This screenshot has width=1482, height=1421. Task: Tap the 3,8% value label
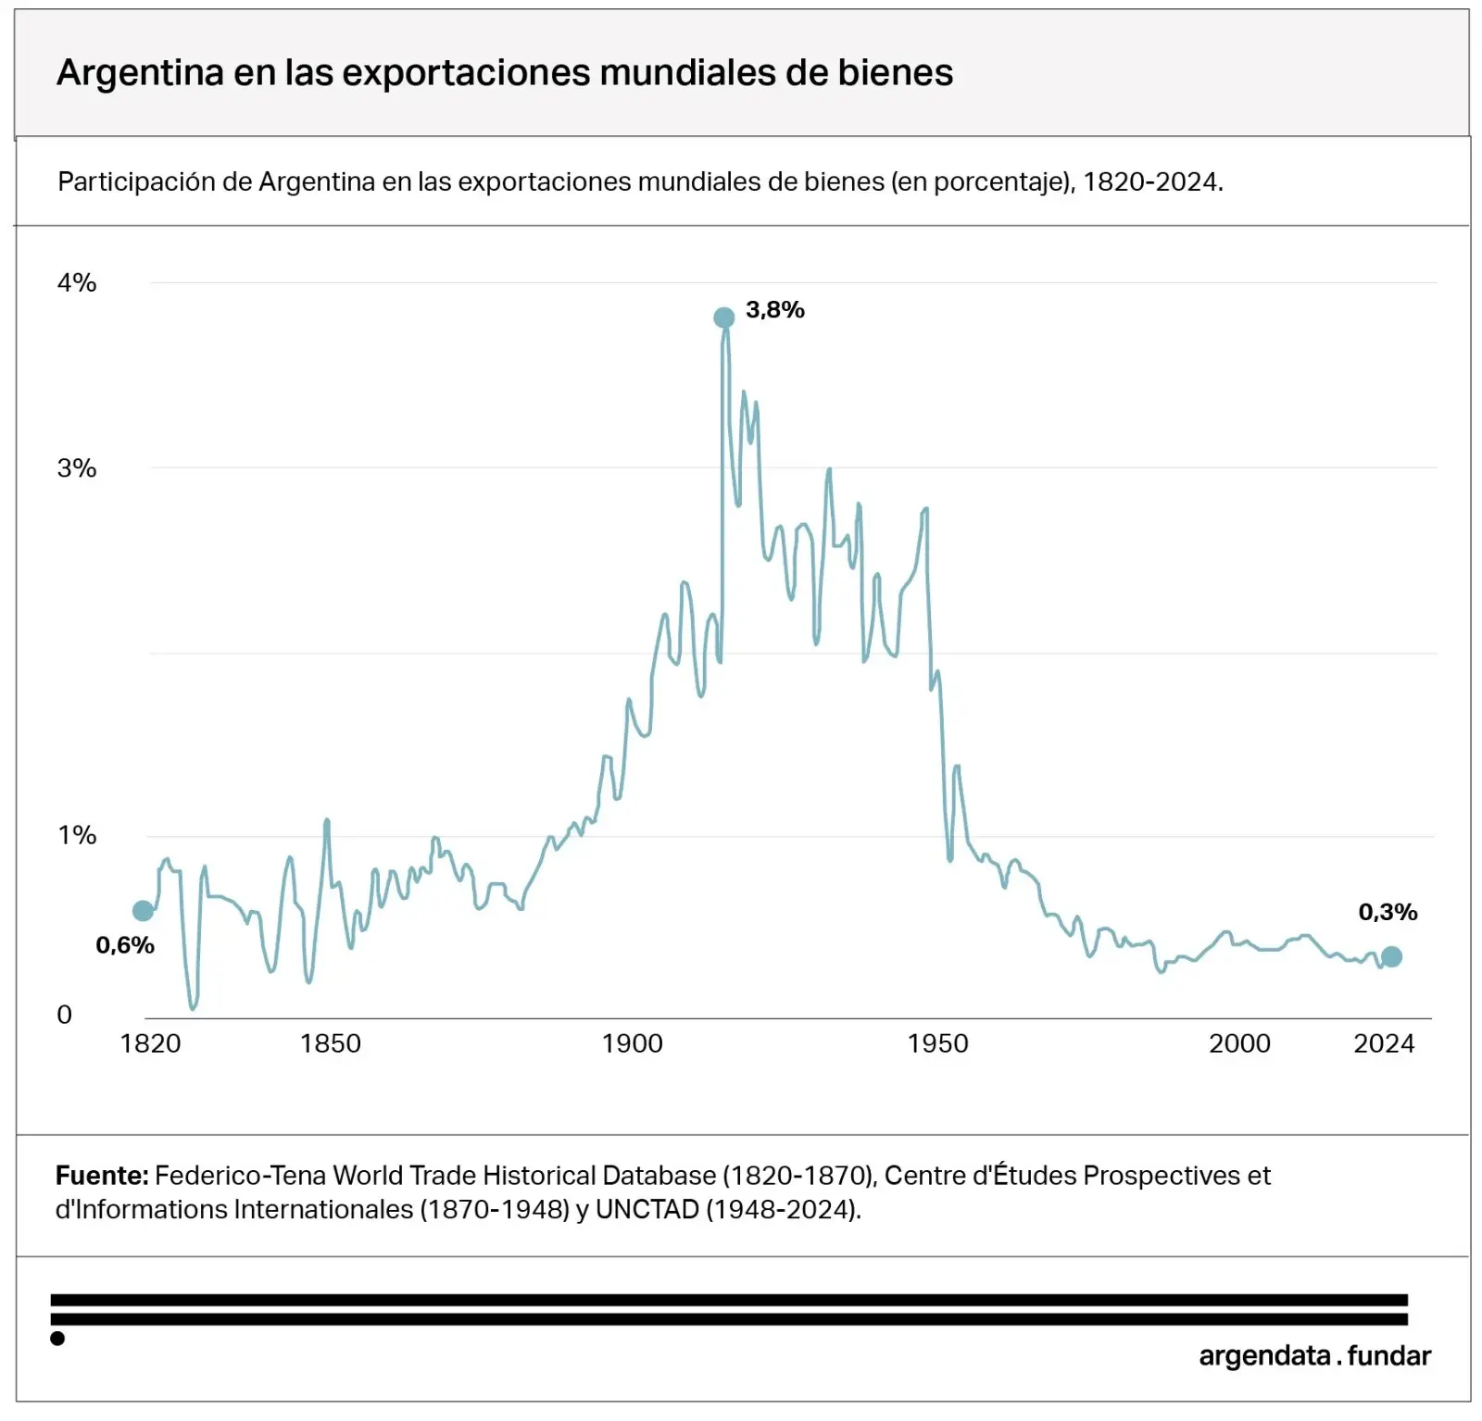tap(774, 310)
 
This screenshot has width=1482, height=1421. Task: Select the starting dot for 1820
tap(143, 911)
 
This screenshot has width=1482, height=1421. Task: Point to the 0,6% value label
tap(125, 945)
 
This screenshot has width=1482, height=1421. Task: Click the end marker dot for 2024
tap(1391, 956)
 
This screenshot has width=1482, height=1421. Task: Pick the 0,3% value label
tap(1388, 912)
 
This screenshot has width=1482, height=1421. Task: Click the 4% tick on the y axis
tap(77, 283)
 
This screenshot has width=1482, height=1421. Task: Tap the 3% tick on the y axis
tap(77, 468)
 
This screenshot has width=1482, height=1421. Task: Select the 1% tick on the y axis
tap(77, 836)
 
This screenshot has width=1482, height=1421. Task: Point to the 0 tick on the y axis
tap(64, 1015)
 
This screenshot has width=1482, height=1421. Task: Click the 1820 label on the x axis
tap(150, 1044)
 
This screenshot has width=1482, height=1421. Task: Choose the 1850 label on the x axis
tap(331, 1044)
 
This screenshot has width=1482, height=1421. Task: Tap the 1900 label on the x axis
tap(633, 1044)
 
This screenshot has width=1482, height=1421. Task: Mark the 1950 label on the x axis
tap(937, 1044)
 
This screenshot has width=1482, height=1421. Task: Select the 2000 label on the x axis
tap(1239, 1044)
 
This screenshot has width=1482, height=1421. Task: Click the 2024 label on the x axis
tap(1384, 1044)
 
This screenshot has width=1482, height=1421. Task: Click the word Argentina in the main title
tap(140, 73)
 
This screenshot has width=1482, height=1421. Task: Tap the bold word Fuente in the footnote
tap(101, 1176)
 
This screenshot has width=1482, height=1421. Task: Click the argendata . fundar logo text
tap(1314, 1356)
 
